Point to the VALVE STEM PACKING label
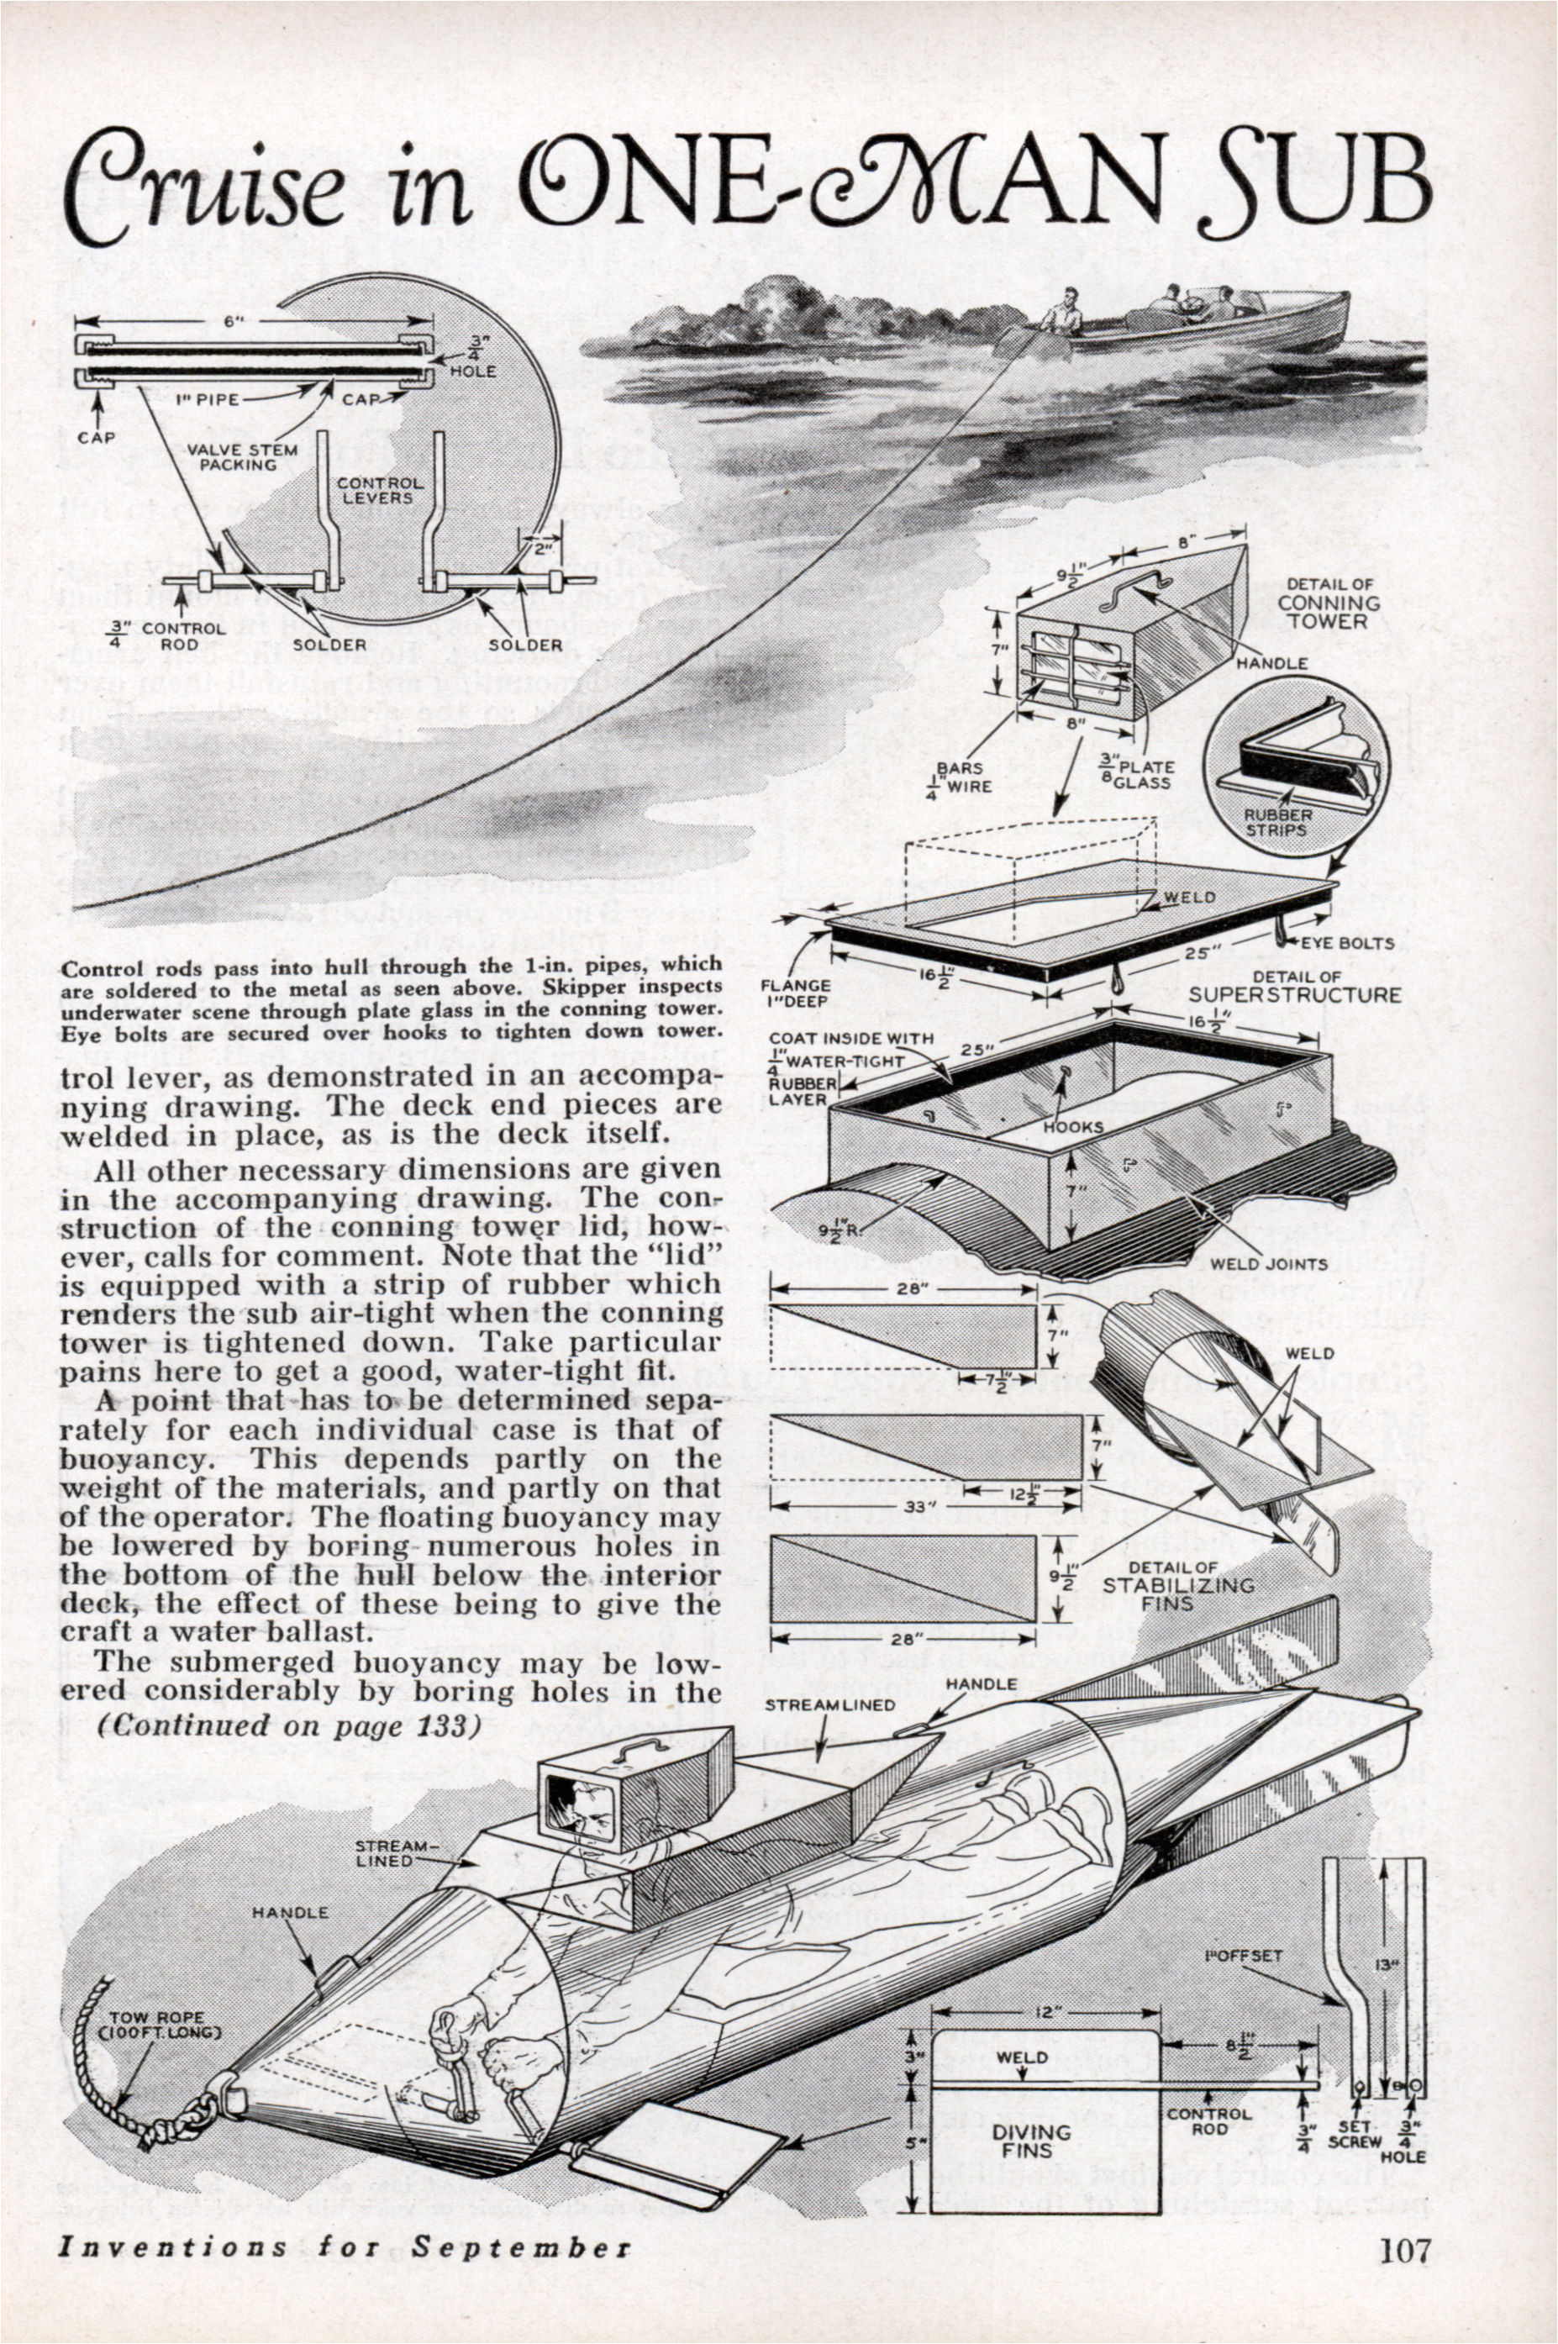pos(241,456)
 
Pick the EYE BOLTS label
pos(1346,942)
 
